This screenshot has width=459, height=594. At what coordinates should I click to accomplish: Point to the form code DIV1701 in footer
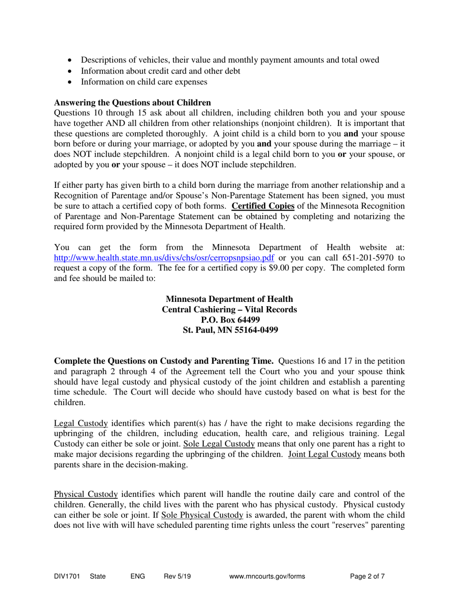[x=66, y=576]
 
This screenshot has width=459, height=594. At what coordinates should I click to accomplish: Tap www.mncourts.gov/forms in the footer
[x=269, y=576]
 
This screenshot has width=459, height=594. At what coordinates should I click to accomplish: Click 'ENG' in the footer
[x=138, y=576]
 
